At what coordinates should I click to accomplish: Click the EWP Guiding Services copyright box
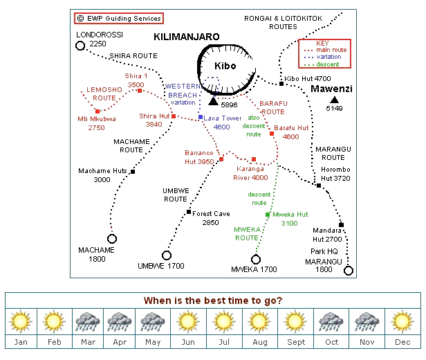tap(119, 18)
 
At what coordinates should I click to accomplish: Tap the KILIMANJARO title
tap(187, 36)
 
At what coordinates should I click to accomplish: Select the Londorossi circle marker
tap(80, 46)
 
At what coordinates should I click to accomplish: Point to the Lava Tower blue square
tap(201, 118)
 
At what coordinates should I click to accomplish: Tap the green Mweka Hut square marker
tap(268, 215)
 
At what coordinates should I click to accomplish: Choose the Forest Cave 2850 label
tap(211, 218)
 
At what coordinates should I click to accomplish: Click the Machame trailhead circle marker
tap(112, 239)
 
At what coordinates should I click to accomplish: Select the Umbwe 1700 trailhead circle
tap(167, 255)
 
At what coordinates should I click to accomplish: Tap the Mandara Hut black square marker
tap(341, 224)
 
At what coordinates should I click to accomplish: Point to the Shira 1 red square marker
tap(140, 91)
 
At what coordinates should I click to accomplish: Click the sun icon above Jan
tap(21, 321)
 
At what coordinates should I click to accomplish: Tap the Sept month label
tap(296, 343)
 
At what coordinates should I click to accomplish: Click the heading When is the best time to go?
tap(213, 300)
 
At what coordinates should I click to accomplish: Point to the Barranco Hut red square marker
tap(221, 159)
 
